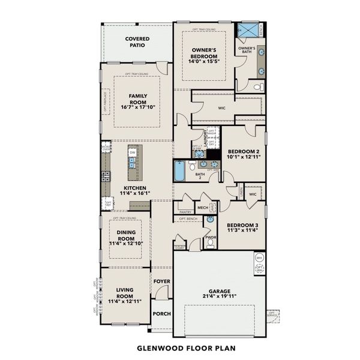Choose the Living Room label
[124, 293]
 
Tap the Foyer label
[161, 281]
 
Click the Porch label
[161, 314]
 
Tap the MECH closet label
[202, 208]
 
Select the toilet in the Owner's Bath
[257, 88]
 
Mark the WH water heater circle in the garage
[259, 258]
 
